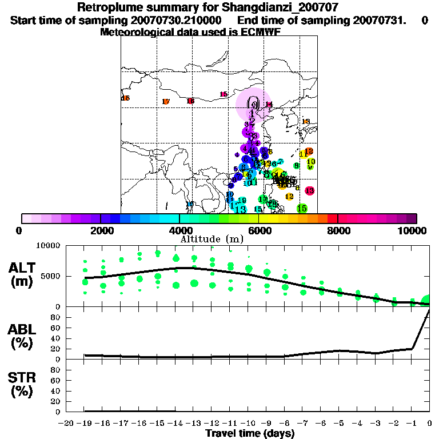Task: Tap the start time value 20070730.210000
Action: (x=180, y=21)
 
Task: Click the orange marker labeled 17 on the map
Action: (x=166, y=102)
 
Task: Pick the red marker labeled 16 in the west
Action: (x=190, y=101)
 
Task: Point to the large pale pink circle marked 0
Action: (x=253, y=104)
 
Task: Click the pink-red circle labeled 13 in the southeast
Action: (x=309, y=190)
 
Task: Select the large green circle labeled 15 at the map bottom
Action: (x=302, y=209)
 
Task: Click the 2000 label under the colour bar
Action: (x=101, y=230)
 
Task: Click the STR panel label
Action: (x=22, y=384)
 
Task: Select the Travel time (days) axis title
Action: (x=250, y=433)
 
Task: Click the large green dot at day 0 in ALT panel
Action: (x=426, y=301)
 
